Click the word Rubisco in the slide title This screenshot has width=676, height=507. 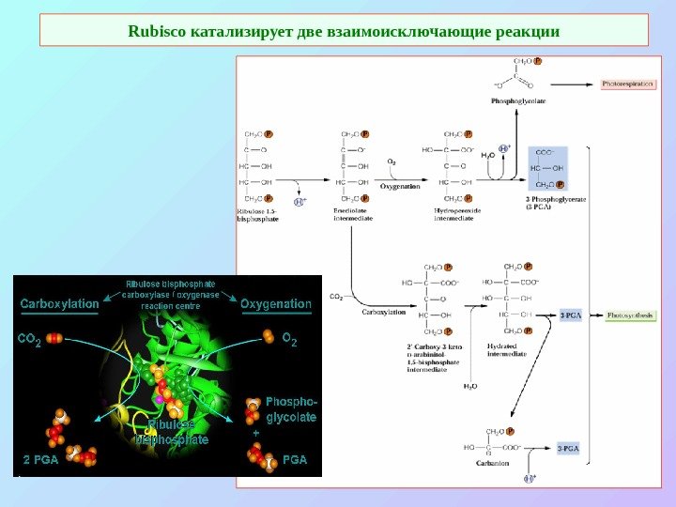tap(158, 31)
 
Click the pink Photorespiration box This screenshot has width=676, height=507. tap(627, 84)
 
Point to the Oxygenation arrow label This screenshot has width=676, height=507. tap(399, 186)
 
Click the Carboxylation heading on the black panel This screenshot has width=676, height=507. tap(59, 304)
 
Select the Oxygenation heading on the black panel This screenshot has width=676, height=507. tap(276, 304)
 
